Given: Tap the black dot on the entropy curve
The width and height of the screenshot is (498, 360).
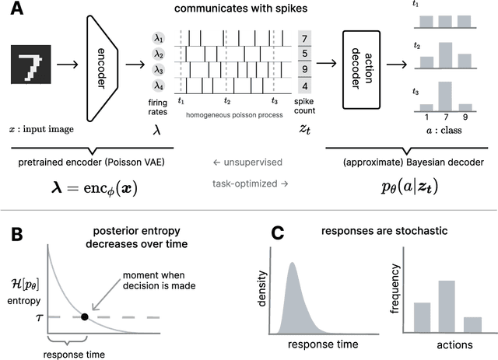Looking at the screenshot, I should (x=84, y=316).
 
